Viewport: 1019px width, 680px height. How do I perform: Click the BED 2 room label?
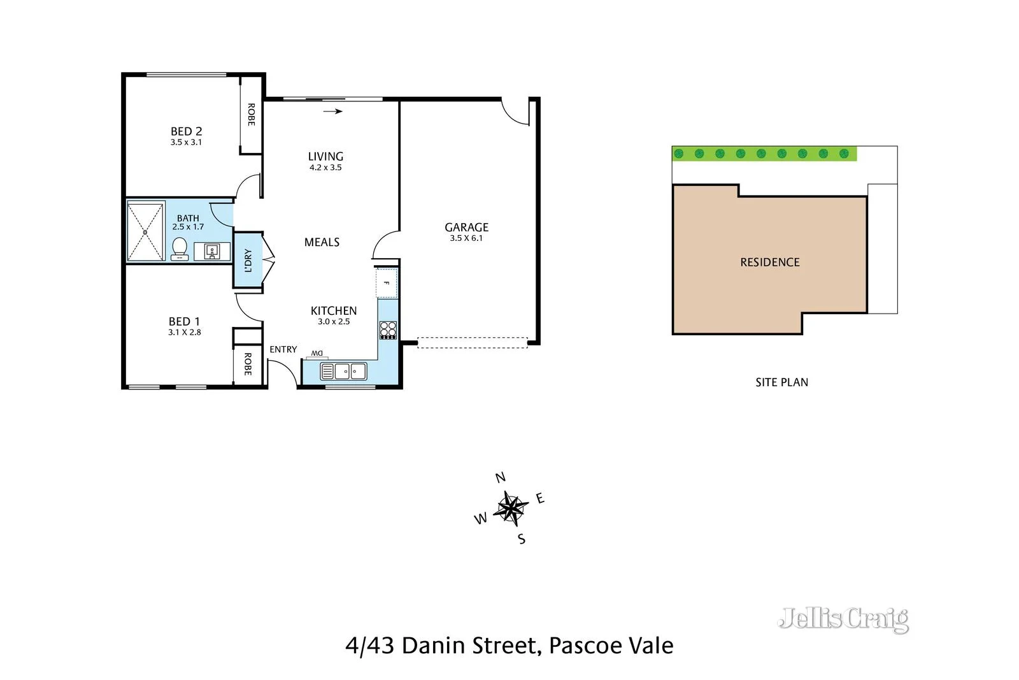coord(186,131)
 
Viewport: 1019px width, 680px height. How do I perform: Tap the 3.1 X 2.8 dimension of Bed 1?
coord(185,332)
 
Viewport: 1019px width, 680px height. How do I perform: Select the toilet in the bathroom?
coord(180,248)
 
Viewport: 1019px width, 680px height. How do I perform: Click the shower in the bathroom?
coord(145,231)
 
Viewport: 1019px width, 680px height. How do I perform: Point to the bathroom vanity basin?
coord(212,251)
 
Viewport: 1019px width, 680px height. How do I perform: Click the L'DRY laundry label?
coord(248,260)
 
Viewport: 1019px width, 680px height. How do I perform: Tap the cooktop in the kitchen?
coord(388,329)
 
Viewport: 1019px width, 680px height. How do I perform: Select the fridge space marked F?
coord(386,283)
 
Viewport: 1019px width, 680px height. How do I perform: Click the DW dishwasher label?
coord(317,354)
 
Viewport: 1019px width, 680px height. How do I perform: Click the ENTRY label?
coord(283,349)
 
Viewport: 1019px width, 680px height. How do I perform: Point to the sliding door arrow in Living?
coord(333,112)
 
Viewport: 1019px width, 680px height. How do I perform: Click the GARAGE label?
coord(466,227)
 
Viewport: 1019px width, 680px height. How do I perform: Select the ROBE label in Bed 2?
coord(251,115)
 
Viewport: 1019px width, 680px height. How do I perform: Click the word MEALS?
coord(322,242)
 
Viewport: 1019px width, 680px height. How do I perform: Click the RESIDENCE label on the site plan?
coord(769,262)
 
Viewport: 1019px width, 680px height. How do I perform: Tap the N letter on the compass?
coord(501,477)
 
